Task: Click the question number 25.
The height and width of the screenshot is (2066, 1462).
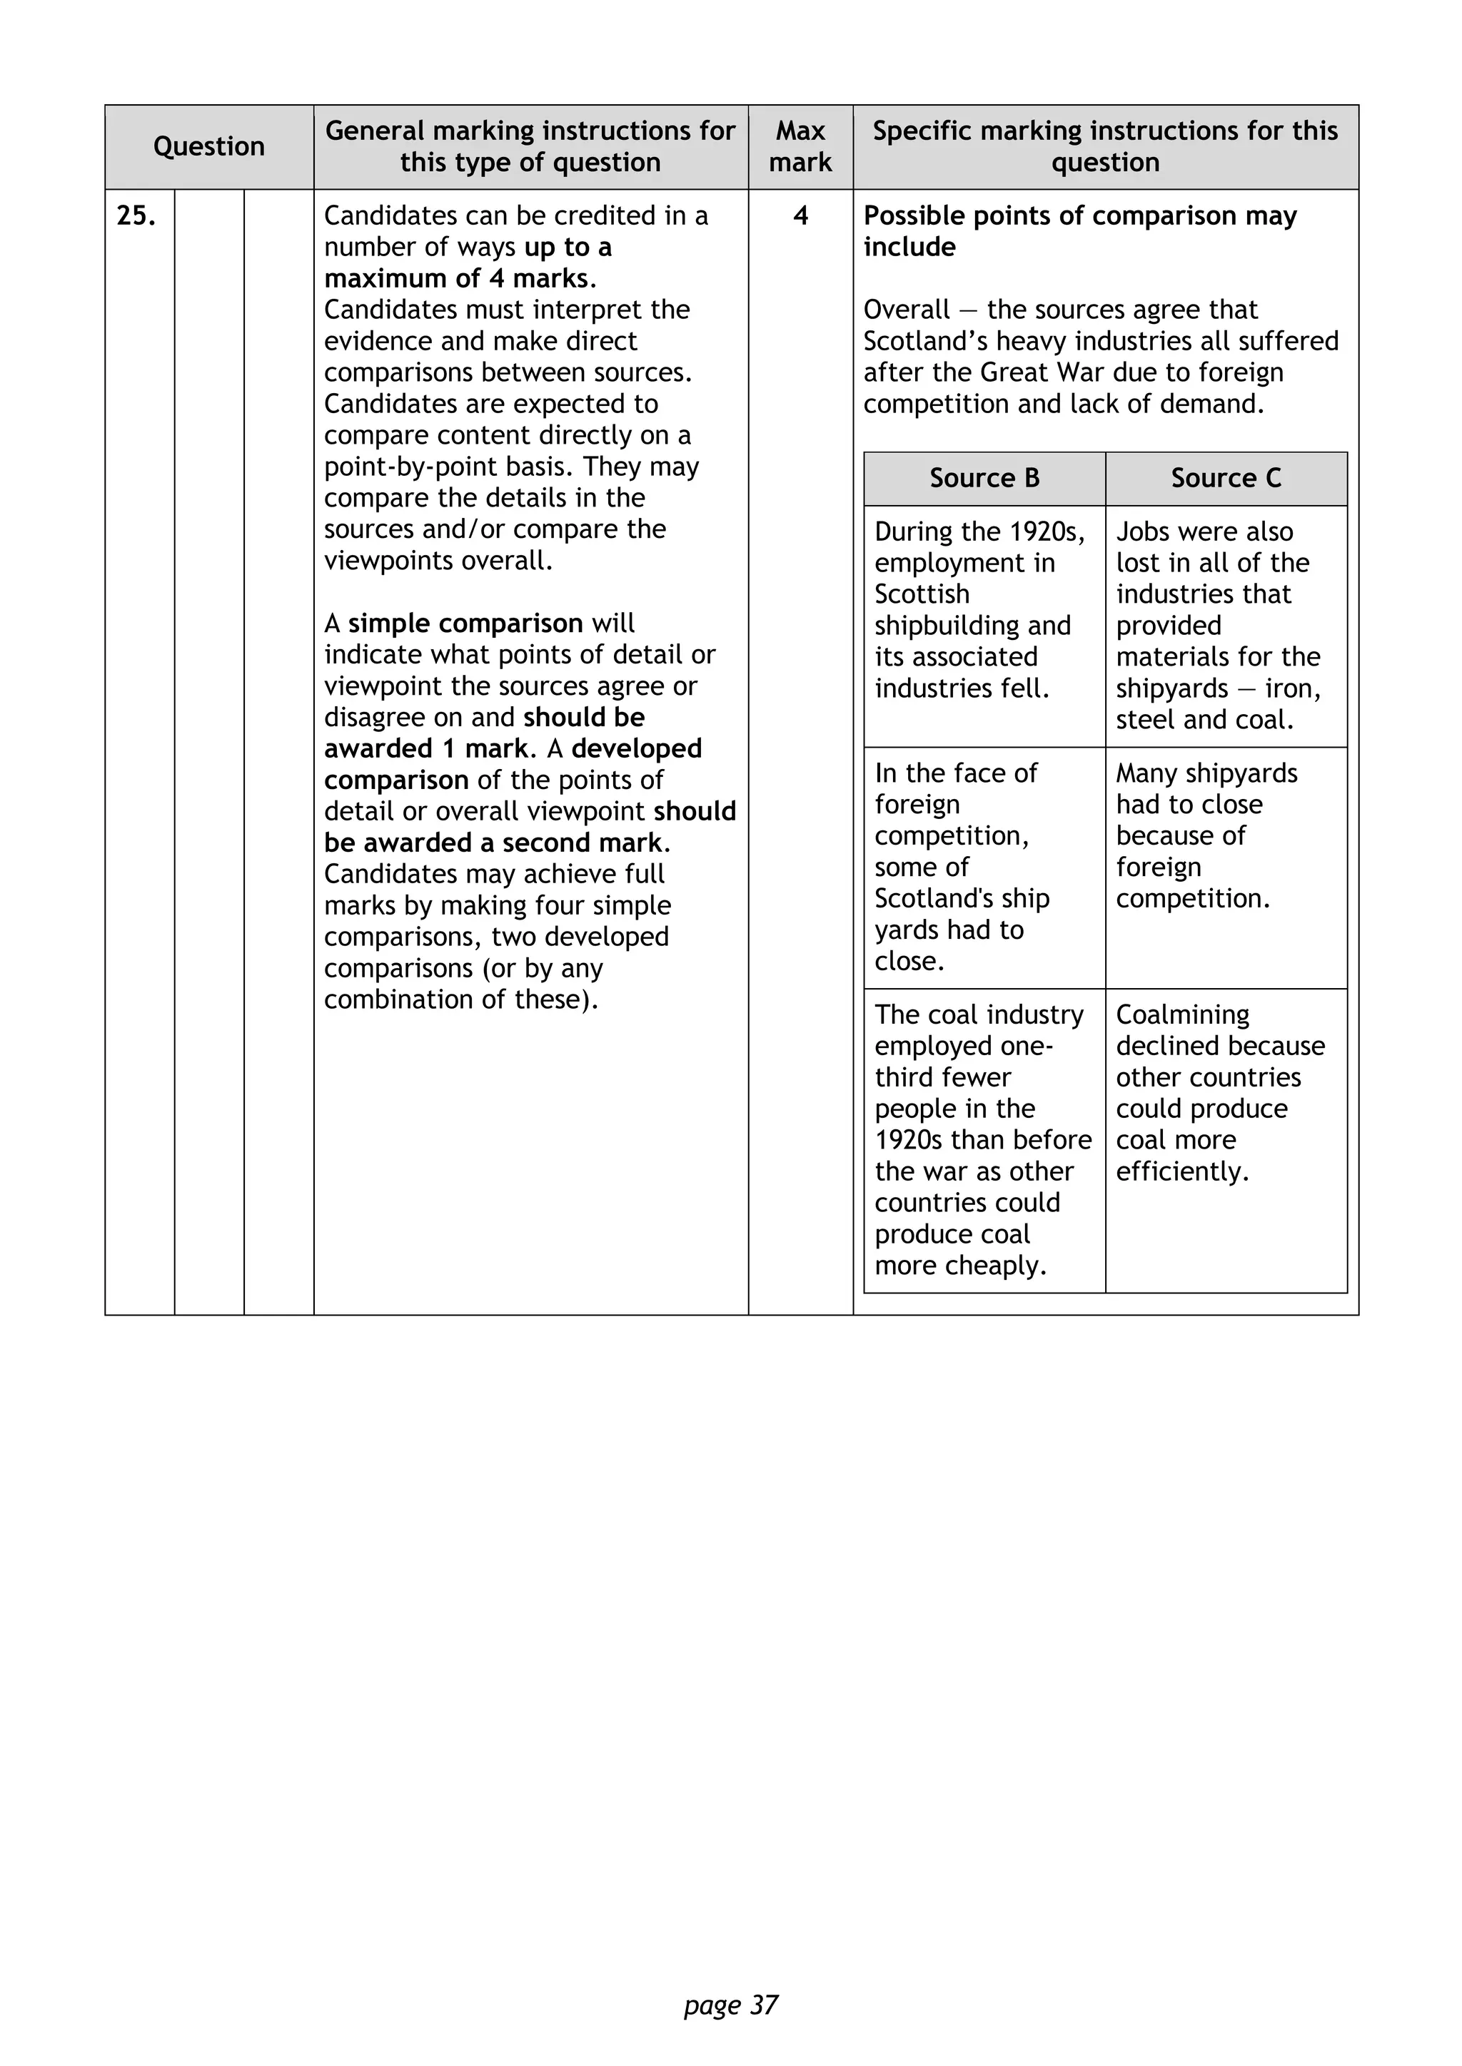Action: [136, 216]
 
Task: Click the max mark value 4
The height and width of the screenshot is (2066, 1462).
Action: [800, 216]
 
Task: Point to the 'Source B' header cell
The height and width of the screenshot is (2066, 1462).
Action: [984, 478]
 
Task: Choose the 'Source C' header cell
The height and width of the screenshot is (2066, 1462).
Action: [1226, 478]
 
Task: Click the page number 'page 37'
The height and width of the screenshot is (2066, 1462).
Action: [731, 2005]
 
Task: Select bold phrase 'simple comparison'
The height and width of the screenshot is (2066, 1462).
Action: [465, 624]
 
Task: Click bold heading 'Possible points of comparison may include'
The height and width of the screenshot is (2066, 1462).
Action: [1079, 231]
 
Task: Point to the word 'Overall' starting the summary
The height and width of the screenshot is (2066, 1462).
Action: [906, 310]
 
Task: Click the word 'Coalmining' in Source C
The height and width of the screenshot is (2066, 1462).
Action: [1182, 1015]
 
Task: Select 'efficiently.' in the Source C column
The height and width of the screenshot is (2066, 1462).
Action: [1182, 1171]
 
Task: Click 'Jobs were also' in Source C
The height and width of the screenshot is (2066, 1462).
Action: [1204, 531]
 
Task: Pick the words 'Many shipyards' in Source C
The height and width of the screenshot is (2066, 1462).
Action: [1206, 774]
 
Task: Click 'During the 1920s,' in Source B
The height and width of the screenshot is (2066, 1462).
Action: [979, 531]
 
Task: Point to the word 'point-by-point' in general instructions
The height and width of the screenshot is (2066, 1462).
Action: [404, 467]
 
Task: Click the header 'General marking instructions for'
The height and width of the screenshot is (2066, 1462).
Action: [530, 131]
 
